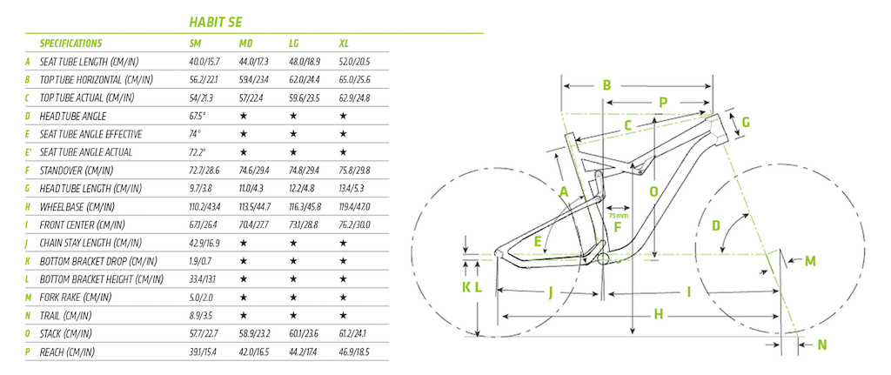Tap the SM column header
tap(197, 43)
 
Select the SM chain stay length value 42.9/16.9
tap(206, 244)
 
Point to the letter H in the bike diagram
tap(660, 313)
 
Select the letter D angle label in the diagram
tap(716, 226)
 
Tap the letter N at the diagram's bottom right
tap(822, 345)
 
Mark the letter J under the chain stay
tap(551, 292)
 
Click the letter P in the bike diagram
tap(662, 103)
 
